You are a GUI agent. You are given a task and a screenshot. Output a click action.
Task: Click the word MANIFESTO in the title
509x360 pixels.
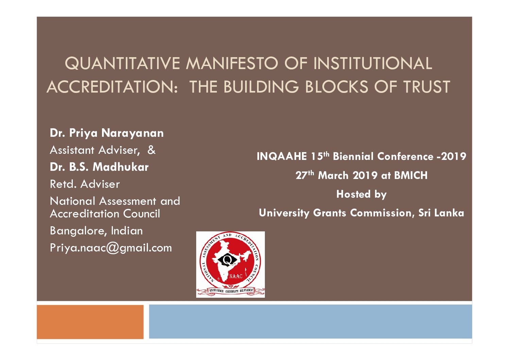click(232, 63)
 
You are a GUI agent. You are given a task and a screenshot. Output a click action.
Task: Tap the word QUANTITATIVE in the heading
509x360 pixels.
click(122, 64)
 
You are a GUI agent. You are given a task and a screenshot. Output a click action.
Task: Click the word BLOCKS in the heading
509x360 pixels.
click(336, 87)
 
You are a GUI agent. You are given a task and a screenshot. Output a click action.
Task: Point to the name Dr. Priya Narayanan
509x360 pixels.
click(106, 133)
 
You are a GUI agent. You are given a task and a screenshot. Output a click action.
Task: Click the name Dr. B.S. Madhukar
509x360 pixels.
click(99, 167)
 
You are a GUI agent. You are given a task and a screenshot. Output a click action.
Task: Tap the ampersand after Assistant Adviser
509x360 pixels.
click(151, 150)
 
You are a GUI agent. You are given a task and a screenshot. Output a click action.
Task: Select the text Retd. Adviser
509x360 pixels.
click(85, 184)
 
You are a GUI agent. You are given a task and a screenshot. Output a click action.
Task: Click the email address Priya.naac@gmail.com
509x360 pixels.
click(111, 248)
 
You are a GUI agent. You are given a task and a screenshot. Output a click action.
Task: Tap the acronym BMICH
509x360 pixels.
click(411, 175)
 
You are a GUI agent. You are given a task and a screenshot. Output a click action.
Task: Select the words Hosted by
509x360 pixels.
click(361, 194)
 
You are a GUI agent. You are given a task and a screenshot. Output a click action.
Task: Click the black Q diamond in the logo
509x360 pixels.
click(226, 259)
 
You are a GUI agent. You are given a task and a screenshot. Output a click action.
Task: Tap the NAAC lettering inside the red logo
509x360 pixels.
click(236, 276)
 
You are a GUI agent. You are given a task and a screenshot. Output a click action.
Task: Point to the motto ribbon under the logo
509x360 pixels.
click(231, 291)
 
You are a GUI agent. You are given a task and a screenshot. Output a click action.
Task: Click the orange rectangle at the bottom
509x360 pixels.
click(90, 322)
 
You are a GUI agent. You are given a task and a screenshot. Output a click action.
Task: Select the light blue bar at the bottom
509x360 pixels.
click(310, 322)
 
